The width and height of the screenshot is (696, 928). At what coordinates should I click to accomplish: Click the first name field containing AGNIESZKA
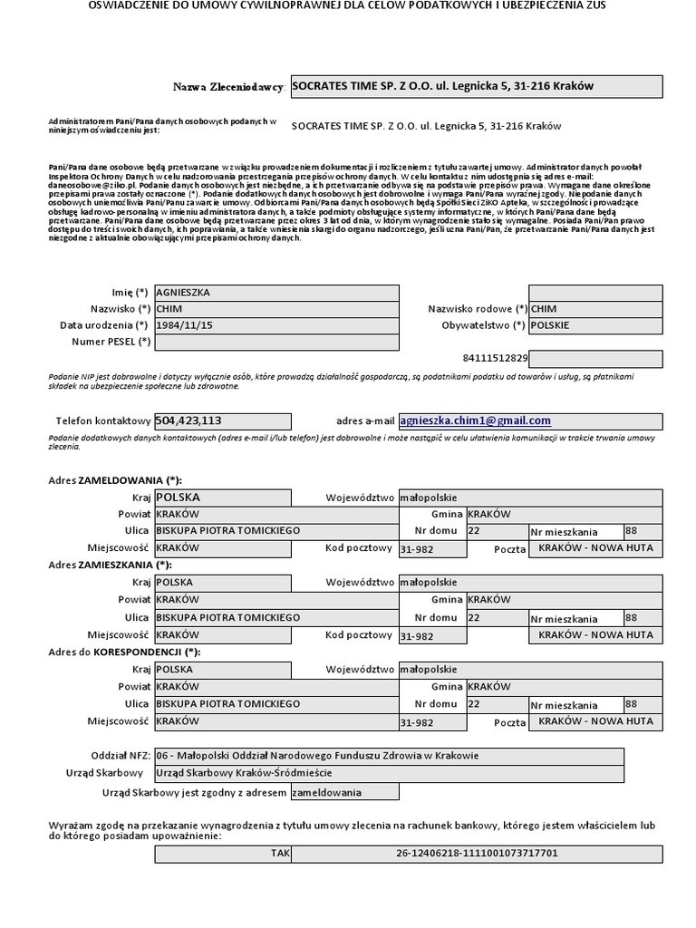point(276,293)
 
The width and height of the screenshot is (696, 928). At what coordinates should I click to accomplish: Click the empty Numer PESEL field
point(276,342)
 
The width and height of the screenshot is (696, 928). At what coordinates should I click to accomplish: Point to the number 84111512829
point(495,358)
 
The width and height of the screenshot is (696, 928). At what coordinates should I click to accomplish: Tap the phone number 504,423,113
point(189,420)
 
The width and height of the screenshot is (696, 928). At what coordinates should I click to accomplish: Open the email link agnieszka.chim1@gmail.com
point(476,420)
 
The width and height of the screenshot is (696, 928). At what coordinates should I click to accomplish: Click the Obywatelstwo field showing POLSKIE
point(596,325)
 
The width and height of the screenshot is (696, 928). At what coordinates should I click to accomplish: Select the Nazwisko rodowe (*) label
point(478,310)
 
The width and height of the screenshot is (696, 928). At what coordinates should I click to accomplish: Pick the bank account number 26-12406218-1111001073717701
point(477,854)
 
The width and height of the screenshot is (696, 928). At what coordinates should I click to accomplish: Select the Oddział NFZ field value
point(317,756)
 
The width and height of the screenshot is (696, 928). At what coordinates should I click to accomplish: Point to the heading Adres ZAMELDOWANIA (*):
point(121,480)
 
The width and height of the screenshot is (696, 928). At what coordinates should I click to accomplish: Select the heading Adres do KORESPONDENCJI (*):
point(125,652)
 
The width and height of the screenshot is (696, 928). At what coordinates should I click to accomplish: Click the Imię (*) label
point(128,293)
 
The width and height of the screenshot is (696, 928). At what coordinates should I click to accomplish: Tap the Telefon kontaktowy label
point(102,421)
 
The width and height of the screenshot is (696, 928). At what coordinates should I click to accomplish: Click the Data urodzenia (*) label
point(104,325)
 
